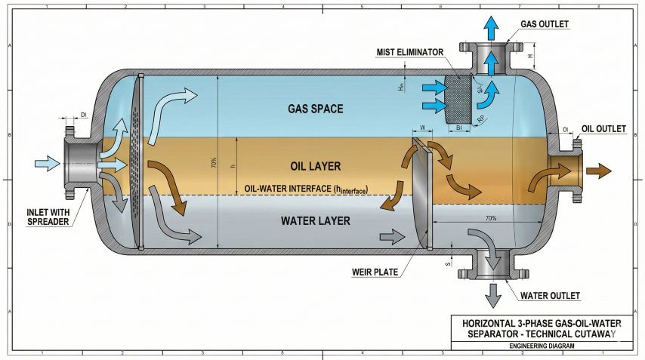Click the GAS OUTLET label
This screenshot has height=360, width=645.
coord(544,24)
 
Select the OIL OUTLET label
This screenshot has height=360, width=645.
coord(603,129)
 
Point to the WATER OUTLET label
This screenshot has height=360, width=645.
coord(550,294)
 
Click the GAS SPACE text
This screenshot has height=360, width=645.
coord(315,109)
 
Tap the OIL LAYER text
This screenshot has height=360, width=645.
coord(315,166)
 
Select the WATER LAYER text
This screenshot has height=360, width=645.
coord(315,221)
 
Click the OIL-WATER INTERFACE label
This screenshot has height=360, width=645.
coord(306,189)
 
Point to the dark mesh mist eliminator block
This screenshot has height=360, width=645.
coord(459,98)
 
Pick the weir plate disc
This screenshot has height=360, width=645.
coord(422,192)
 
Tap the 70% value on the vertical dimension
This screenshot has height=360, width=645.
coord(214,162)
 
